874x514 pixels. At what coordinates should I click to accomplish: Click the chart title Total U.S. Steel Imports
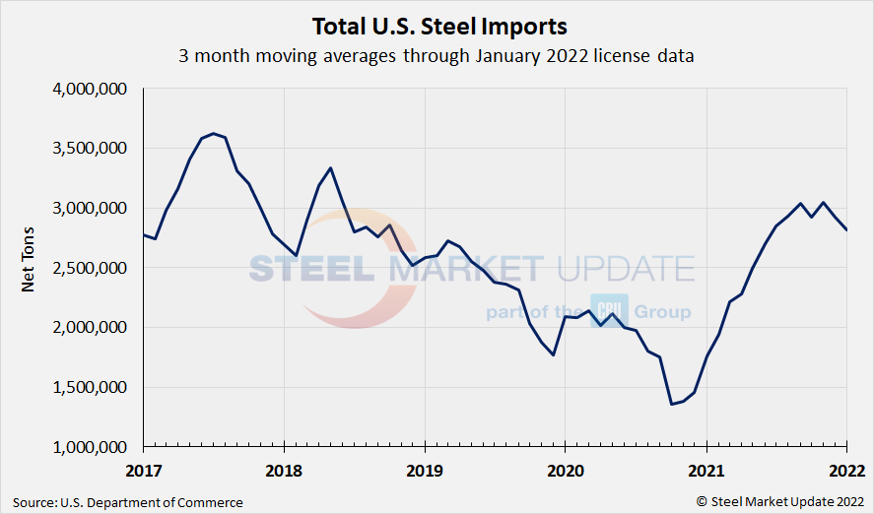pyautogui.click(x=438, y=25)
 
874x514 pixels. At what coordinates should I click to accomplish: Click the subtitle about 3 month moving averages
pyautogui.click(x=437, y=56)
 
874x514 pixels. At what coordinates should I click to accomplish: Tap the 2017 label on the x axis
pyautogui.click(x=144, y=469)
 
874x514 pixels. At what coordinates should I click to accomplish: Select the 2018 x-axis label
pyautogui.click(x=284, y=469)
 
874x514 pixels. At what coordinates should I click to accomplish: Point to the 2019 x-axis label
pyautogui.click(x=425, y=469)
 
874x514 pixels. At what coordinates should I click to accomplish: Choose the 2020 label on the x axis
pyautogui.click(x=565, y=469)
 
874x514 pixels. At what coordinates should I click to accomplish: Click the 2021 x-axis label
pyautogui.click(x=706, y=469)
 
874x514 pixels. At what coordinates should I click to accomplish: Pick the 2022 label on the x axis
pyautogui.click(x=844, y=469)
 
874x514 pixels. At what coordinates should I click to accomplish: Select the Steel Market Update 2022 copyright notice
pyautogui.click(x=780, y=502)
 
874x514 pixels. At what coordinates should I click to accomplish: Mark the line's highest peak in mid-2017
pyautogui.click(x=214, y=133)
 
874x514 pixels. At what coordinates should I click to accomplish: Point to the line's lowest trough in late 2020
pyautogui.click(x=671, y=404)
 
